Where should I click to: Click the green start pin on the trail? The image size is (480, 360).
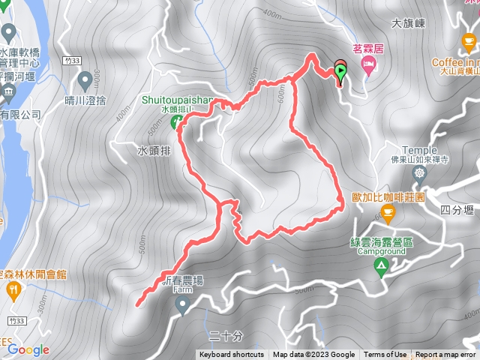[x=341, y=73]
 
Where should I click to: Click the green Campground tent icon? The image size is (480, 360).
[x=382, y=265]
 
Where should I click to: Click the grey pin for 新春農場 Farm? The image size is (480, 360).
[x=182, y=304]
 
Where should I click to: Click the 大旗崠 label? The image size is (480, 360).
[x=409, y=24]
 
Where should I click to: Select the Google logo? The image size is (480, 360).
[x=28, y=349]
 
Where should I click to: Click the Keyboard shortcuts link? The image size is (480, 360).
[x=232, y=355]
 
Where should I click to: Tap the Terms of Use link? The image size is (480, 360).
[x=385, y=355]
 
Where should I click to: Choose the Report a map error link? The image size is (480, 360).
[x=445, y=355]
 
